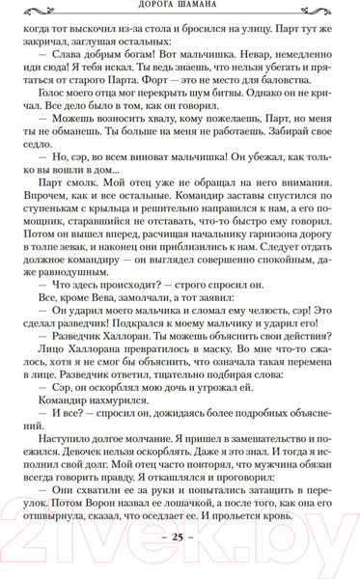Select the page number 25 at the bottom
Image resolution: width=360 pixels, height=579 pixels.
179,561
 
